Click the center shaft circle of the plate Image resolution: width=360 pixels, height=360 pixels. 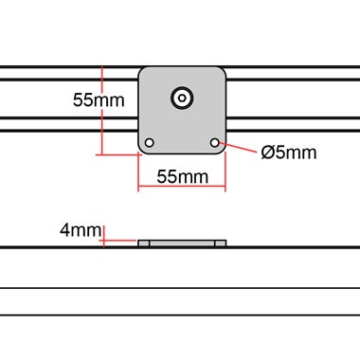pos(181,97)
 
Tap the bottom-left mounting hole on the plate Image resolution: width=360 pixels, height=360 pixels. pos(148,143)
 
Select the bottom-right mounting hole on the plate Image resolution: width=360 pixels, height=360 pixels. pos(216,143)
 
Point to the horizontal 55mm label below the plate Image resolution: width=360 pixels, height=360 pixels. pos(182,177)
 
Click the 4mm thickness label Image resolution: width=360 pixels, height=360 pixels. pos(80,230)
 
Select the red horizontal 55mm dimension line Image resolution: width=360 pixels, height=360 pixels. pos(182,188)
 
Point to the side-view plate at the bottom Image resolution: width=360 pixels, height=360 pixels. pos(182,243)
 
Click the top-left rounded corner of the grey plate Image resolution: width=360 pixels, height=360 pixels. pos(143,71)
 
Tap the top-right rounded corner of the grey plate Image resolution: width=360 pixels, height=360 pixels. pos(221,71)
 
